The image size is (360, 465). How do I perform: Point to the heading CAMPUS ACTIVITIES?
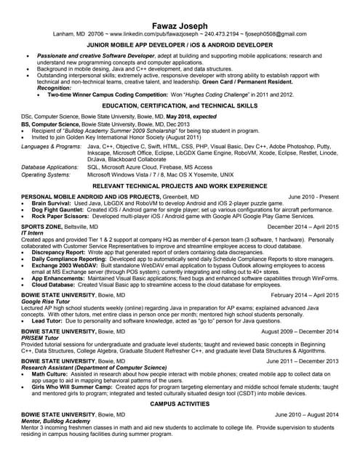180,403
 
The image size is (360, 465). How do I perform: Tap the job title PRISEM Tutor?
40,337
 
